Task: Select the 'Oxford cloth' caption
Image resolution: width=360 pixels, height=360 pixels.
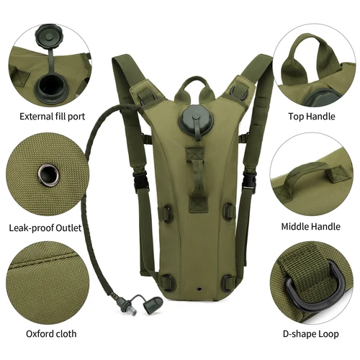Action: coord(51,334)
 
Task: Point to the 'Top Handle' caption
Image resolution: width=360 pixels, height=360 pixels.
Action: coord(312,116)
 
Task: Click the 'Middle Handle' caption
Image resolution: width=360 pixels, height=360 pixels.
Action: coord(310,226)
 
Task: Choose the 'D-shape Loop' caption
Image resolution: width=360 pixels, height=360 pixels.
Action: coord(311,334)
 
